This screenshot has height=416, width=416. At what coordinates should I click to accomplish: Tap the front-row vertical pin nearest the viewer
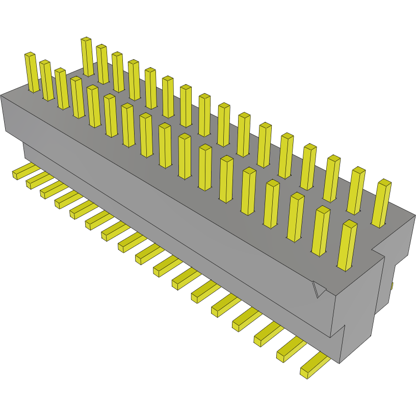click(x=347, y=245)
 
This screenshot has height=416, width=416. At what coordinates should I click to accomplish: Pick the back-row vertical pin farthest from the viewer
click(x=87, y=56)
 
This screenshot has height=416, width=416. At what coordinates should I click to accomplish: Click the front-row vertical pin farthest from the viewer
click(x=32, y=72)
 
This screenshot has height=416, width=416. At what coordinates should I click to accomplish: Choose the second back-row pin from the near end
click(x=356, y=191)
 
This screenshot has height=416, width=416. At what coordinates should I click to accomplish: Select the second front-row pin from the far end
click(x=46, y=80)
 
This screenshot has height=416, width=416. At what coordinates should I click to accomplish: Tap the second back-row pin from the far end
click(x=102, y=64)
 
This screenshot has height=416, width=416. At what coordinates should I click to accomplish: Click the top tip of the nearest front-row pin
click(x=349, y=224)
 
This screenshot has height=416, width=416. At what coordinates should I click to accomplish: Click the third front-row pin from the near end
click(x=296, y=217)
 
